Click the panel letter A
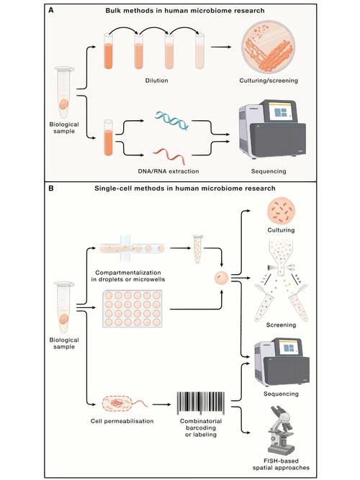pos(51,10)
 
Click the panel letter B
pos(51,188)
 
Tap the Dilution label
pos(156,81)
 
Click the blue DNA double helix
pos(171,121)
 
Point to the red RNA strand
pos(169,155)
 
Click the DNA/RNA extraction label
pos(168,171)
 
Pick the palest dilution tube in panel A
pos(199,51)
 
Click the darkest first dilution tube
pos(108,51)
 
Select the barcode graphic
pos(201,403)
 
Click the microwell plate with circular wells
pos(132,309)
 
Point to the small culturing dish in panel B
pos(281,212)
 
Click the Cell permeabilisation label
pos(122,421)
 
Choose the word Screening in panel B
pos(281,325)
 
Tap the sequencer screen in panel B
pos(289,348)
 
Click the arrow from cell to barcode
pos(161,404)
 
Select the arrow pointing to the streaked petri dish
pos(221,47)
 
